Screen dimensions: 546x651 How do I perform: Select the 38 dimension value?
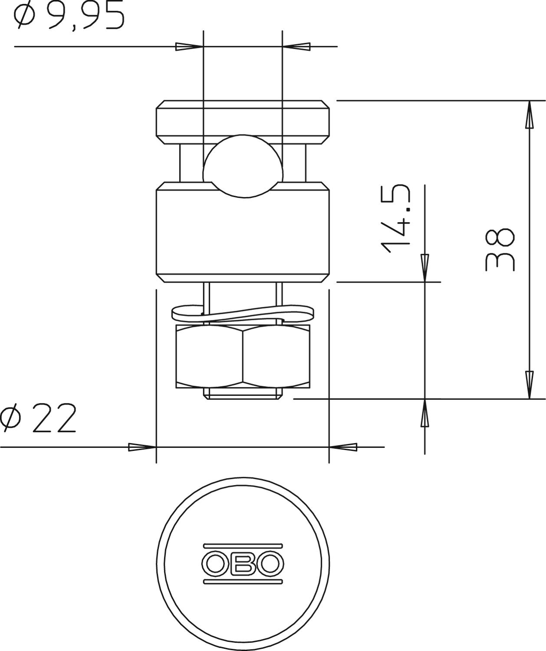click(499, 250)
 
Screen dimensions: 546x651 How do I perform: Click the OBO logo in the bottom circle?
click(243, 564)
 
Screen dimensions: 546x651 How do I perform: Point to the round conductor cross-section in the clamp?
click(243, 166)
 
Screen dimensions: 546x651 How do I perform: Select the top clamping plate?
click(243, 122)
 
